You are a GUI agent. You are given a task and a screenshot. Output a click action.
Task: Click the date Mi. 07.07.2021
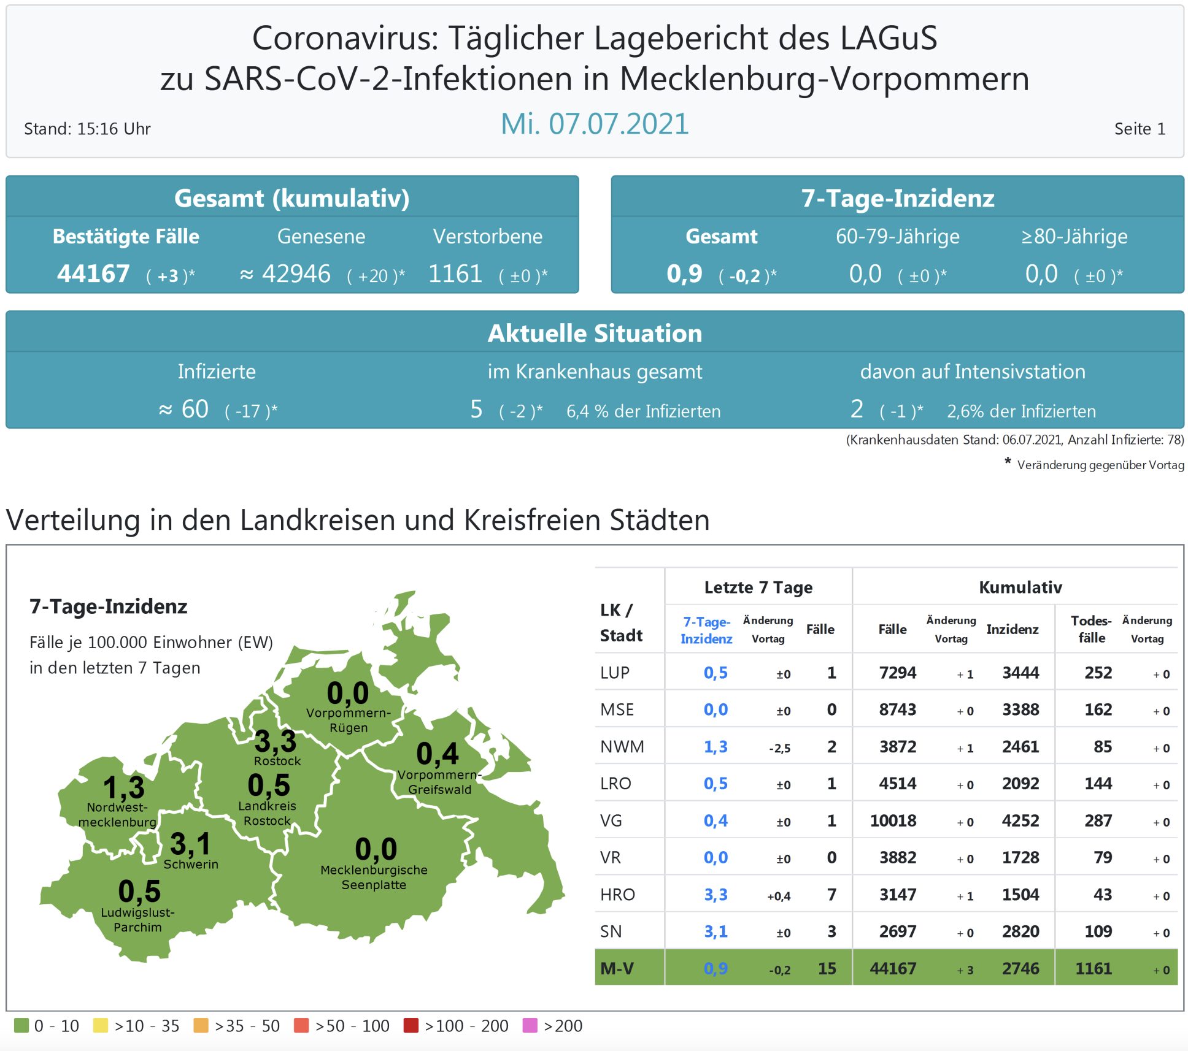(595, 124)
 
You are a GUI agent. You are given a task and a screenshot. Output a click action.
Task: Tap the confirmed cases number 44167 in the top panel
(93, 273)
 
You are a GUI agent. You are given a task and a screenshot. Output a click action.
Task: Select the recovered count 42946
(296, 273)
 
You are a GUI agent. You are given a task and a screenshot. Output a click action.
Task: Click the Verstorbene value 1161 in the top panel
(455, 273)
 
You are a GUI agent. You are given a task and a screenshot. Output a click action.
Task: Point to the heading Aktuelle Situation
(595, 333)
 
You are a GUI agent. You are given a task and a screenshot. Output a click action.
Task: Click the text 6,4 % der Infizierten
(643, 411)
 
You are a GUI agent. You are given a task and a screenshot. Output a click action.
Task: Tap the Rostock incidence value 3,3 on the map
(276, 741)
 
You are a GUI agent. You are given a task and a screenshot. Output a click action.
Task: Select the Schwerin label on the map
(191, 864)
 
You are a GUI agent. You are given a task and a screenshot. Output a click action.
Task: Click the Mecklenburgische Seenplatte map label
(374, 877)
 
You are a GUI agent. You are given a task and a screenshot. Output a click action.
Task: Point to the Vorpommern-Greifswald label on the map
(439, 782)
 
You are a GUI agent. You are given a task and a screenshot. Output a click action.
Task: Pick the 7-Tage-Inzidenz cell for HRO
(715, 895)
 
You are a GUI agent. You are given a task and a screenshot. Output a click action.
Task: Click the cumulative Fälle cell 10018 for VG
(893, 820)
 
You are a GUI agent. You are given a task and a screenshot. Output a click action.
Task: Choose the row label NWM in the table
(622, 747)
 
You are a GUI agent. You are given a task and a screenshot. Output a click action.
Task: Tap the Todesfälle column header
(1091, 629)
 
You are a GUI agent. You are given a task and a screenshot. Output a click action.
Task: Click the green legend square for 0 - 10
(21, 1025)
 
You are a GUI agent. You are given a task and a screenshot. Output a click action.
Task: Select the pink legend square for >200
(530, 1025)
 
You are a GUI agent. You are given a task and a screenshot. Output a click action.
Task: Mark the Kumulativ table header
(1020, 587)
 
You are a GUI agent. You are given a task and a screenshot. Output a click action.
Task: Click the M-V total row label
(617, 968)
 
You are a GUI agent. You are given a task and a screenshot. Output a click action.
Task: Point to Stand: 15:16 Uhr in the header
(87, 129)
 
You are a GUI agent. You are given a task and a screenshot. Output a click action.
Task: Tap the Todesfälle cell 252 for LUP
(1098, 673)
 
